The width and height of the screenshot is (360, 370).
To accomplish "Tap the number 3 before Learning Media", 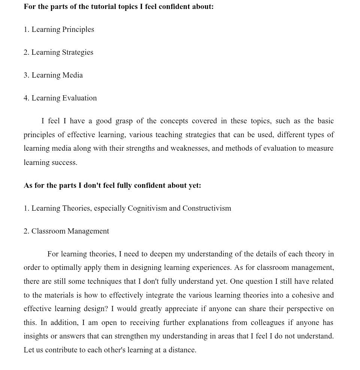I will point(26,75).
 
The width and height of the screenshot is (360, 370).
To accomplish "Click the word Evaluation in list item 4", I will point(79,98).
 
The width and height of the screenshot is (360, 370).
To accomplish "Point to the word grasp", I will point(124,121).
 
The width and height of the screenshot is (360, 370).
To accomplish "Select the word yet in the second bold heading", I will point(194,186).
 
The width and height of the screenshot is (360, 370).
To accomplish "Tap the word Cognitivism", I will point(147,208).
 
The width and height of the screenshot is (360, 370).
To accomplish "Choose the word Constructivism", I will point(207,208).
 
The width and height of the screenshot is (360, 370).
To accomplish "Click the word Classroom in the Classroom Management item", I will point(49,231).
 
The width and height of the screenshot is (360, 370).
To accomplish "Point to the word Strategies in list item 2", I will point(78,52).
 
